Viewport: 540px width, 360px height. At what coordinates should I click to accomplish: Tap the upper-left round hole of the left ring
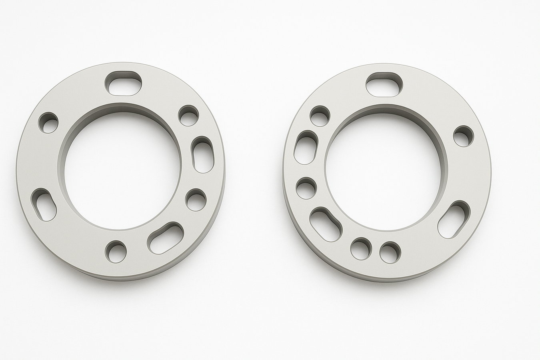tap(48, 122)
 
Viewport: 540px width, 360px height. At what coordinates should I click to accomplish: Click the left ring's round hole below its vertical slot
tap(196, 200)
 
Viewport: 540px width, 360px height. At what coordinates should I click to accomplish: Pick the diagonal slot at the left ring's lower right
tap(166, 238)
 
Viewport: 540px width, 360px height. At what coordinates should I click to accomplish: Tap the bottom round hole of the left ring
tap(116, 251)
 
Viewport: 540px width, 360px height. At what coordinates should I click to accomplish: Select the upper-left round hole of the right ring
tap(320, 116)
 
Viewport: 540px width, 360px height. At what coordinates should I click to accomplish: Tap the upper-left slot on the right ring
tap(306, 147)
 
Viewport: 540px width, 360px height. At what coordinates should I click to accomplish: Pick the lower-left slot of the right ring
tap(326, 224)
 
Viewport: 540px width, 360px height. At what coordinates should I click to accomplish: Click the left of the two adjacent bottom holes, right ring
tap(361, 248)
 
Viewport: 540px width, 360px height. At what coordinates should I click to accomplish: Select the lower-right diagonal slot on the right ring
tap(454, 220)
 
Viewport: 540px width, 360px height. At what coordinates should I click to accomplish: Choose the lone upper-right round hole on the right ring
tap(463, 136)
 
